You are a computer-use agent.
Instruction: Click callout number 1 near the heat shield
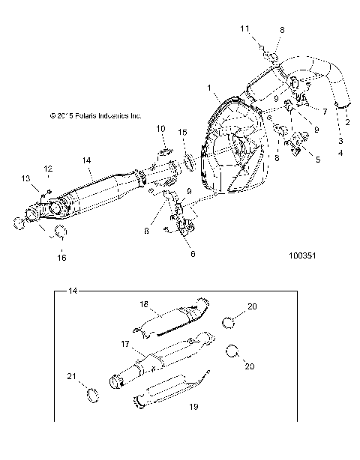click(x=210, y=88)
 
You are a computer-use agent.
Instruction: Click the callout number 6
click(x=193, y=254)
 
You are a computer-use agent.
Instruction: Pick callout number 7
click(x=325, y=110)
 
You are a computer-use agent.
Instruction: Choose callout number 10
click(x=160, y=129)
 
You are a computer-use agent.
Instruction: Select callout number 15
click(x=183, y=132)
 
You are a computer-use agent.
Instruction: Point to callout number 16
click(x=62, y=258)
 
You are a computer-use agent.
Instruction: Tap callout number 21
click(x=73, y=375)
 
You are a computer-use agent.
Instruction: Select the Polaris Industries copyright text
click(x=95, y=116)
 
